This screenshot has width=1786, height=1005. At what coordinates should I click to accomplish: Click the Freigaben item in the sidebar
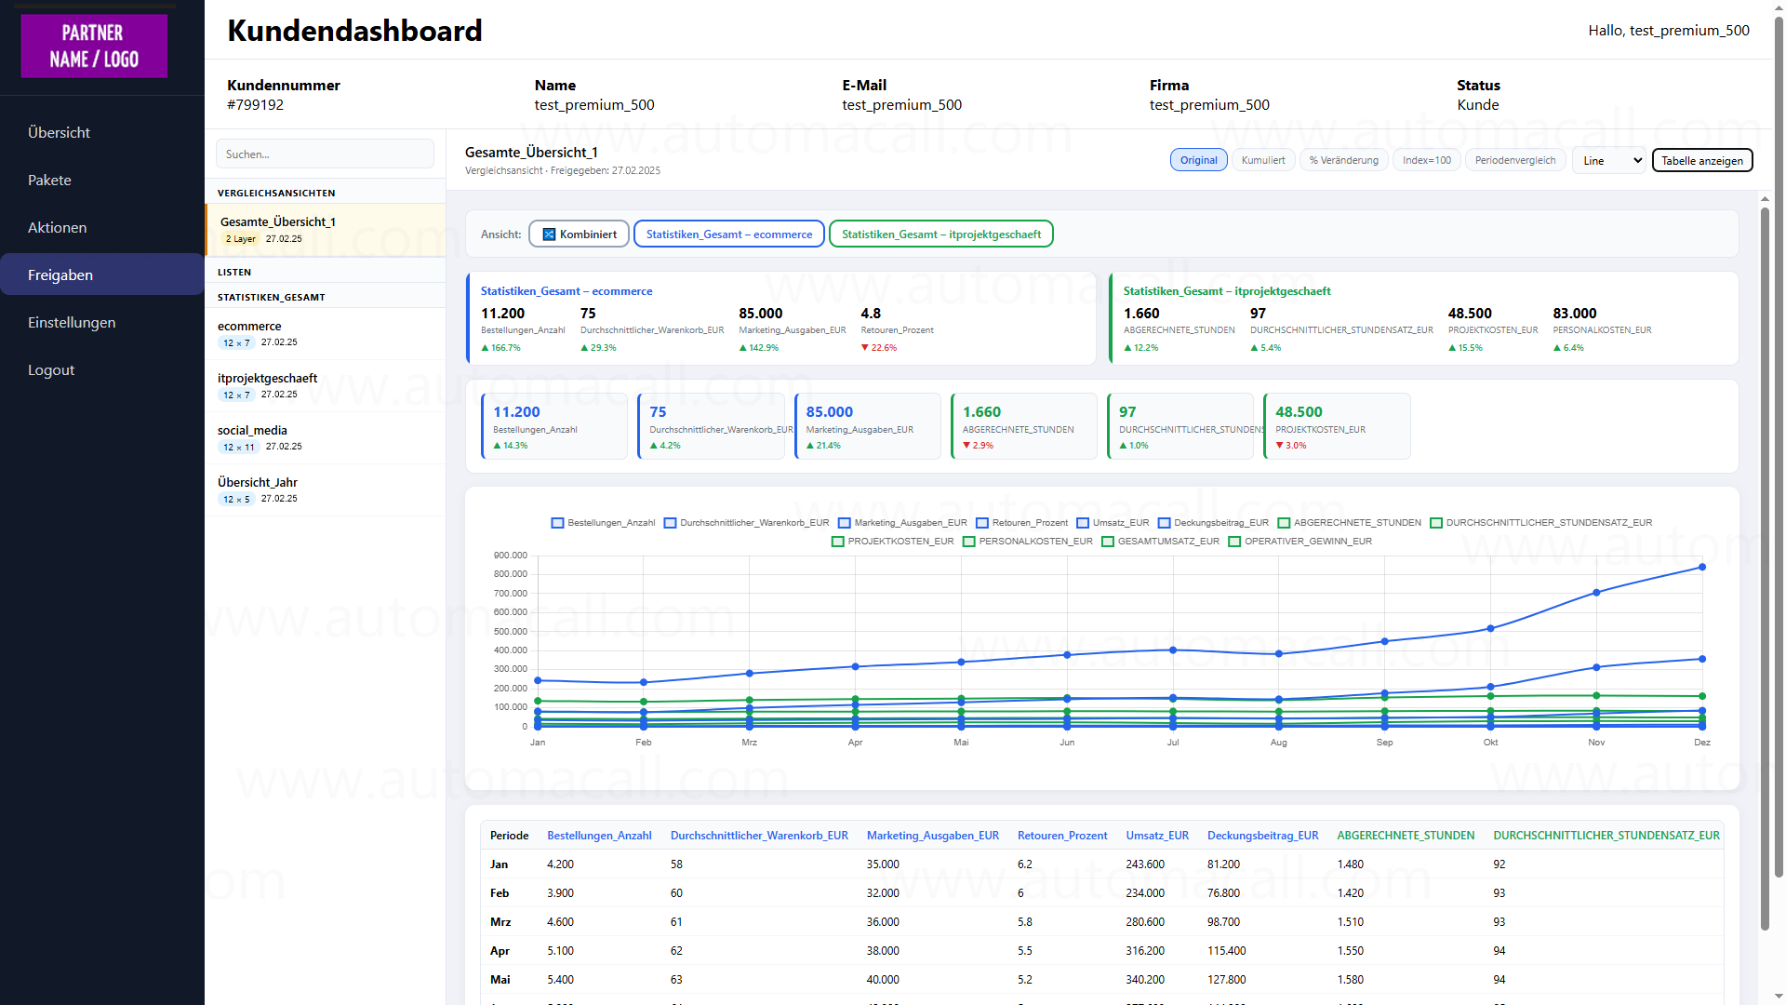pyautogui.click(x=60, y=275)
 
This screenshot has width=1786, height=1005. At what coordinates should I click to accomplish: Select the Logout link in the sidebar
pyautogui.click(x=51, y=369)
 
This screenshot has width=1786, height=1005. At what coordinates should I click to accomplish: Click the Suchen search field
pyautogui.click(x=325, y=154)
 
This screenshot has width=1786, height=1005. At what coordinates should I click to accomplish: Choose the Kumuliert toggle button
pyautogui.click(x=1262, y=160)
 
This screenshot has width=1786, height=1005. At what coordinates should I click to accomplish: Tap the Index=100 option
pyautogui.click(x=1426, y=160)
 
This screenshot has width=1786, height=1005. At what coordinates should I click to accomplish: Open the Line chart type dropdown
pyautogui.click(x=1608, y=160)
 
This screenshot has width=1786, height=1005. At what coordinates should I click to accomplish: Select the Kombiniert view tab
pyautogui.click(x=579, y=234)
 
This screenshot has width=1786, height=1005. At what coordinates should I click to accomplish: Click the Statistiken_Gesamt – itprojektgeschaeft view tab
pyautogui.click(x=940, y=234)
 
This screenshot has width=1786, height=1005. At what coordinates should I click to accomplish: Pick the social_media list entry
pyautogui.click(x=252, y=430)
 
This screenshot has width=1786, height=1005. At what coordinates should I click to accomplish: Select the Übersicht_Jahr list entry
pyautogui.click(x=258, y=482)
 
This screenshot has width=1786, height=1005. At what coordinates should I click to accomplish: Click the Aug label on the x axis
pyautogui.click(x=1278, y=743)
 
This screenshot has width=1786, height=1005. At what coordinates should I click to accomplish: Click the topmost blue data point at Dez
pyautogui.click(x=1701, y=567)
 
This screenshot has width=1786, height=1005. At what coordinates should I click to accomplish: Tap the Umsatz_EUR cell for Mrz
pyautogui.click(x=1144, y=922)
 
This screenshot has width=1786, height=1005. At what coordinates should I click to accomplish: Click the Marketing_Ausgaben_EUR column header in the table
pyautogui.click(x=932, y=836)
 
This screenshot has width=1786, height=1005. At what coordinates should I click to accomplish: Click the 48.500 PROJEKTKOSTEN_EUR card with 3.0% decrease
pyautogui.click(x=1336, y=426)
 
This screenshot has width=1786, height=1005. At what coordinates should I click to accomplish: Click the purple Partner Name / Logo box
pyautogui.click(x=94, y=46)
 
